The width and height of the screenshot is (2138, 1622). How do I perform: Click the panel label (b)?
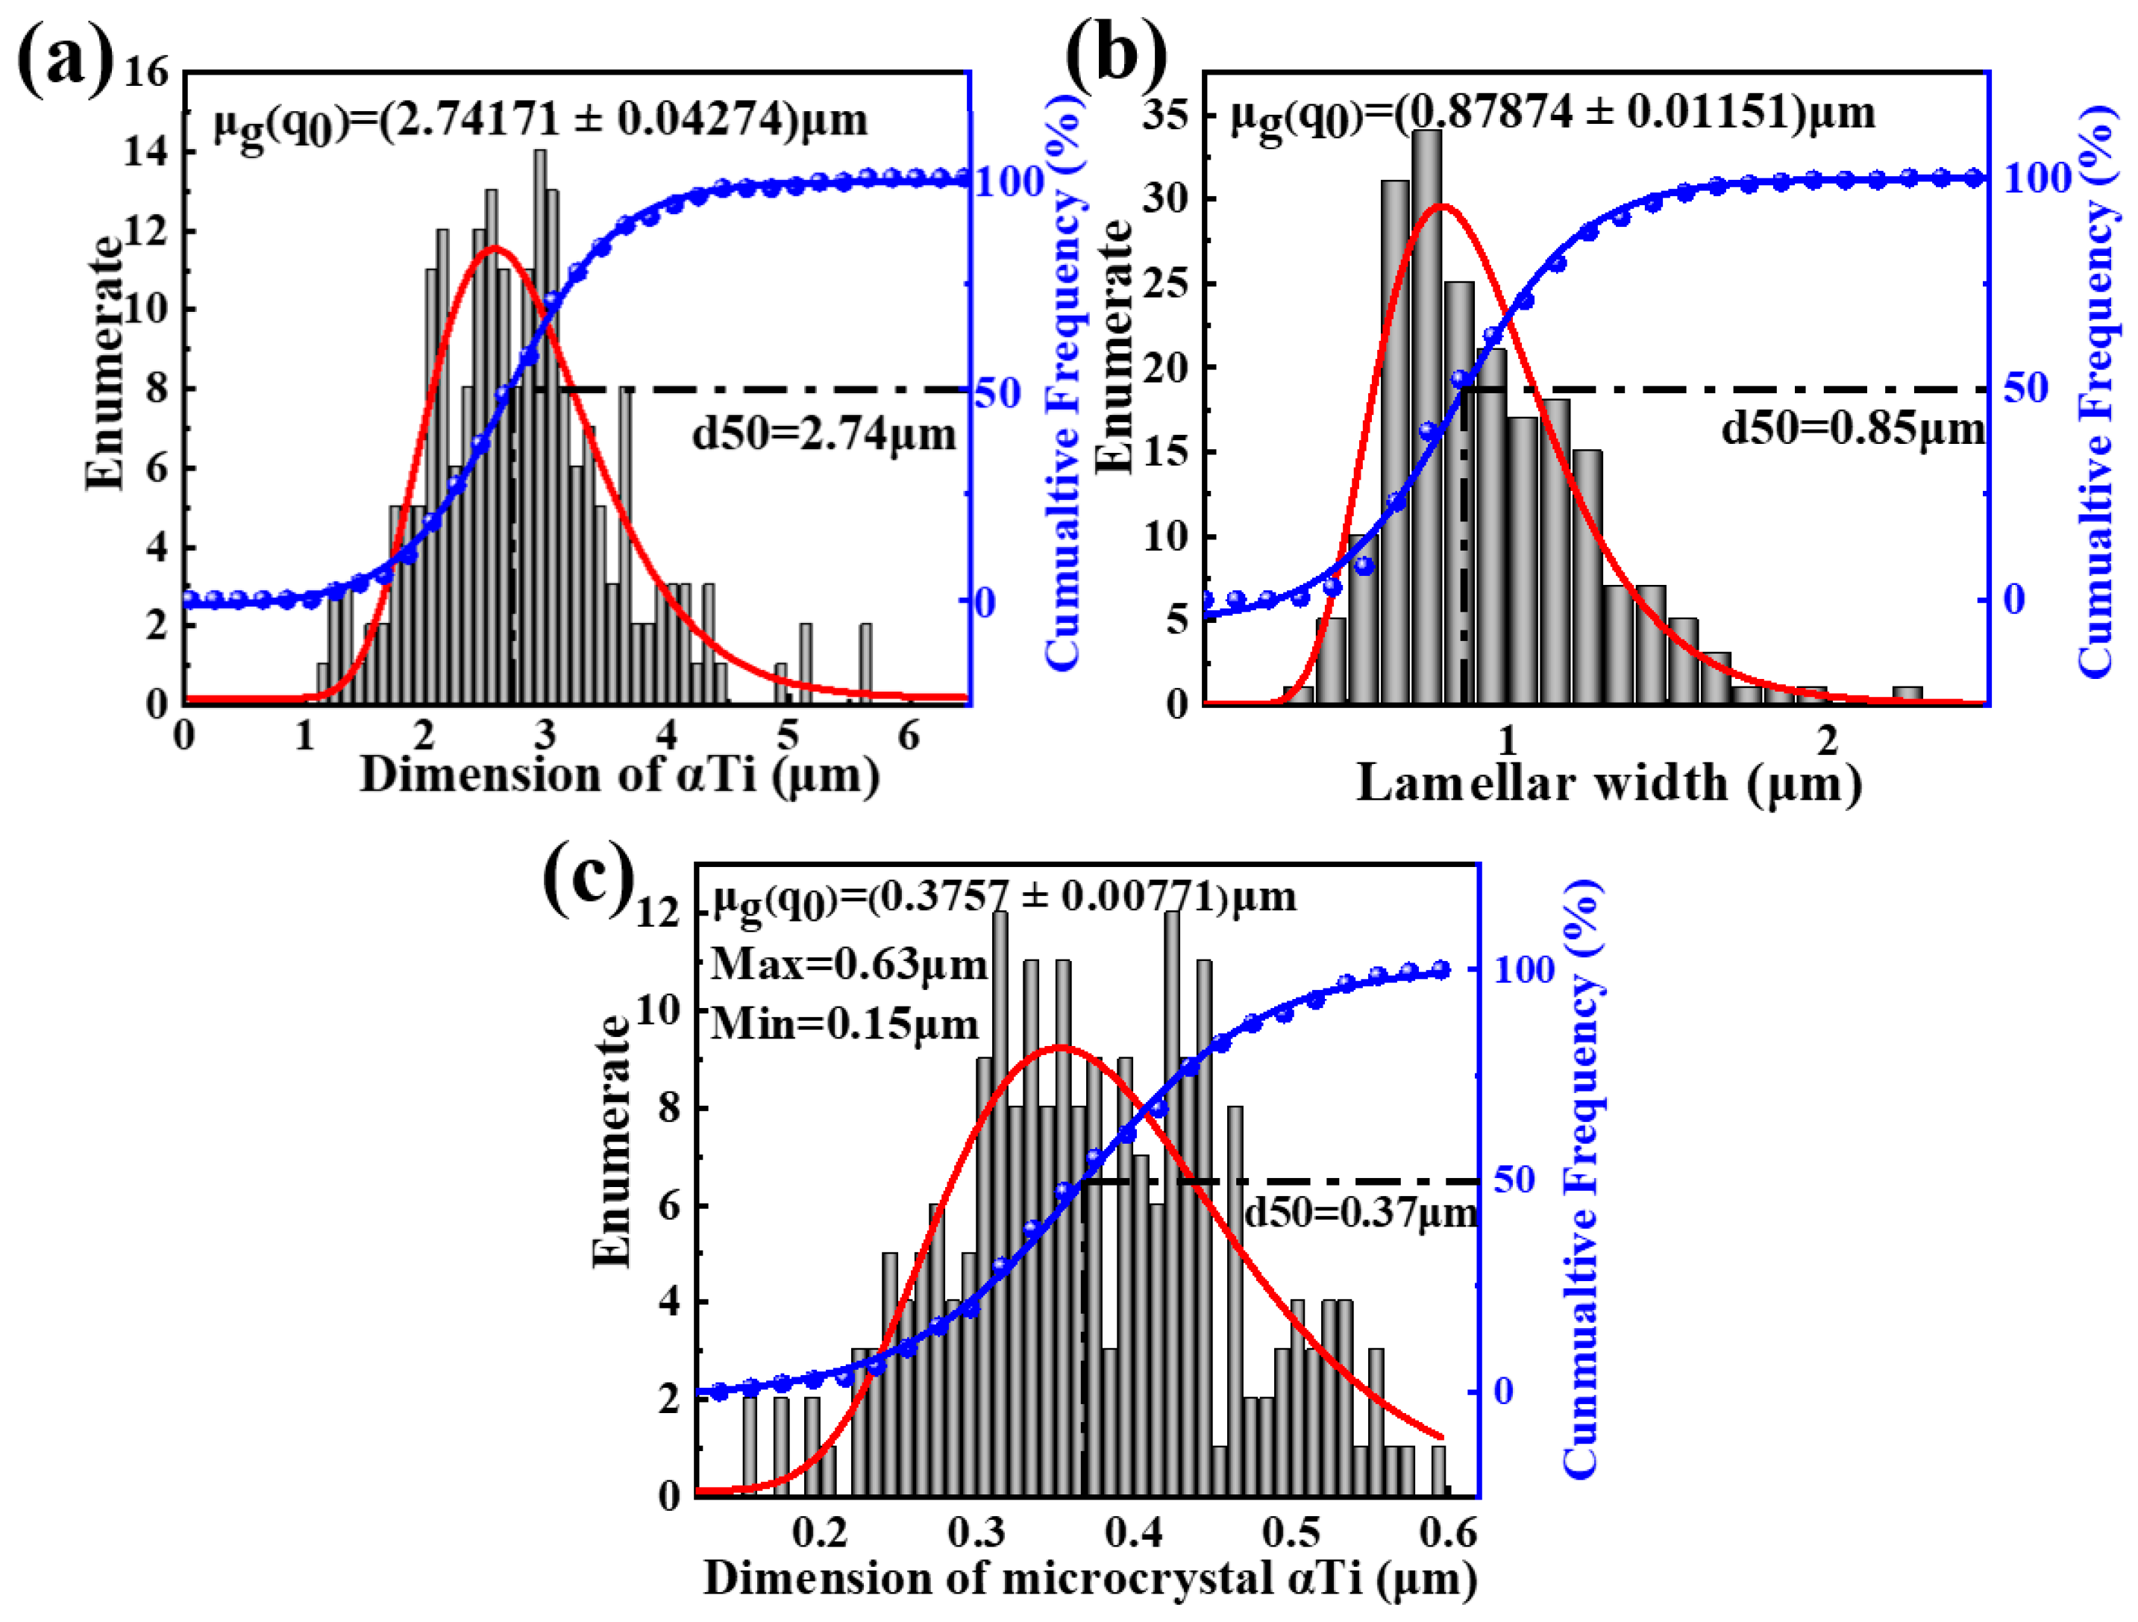(1115, 53)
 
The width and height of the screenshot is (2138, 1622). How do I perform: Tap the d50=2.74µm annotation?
(824, 434)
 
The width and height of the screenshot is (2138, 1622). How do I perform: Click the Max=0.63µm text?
(849, 964)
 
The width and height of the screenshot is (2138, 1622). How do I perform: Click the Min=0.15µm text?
(844, 1023)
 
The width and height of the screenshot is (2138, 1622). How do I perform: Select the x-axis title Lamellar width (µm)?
(1608, 783)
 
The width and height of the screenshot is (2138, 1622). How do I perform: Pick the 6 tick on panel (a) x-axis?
(909, 736)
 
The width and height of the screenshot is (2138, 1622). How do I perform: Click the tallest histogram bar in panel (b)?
(1426, 416)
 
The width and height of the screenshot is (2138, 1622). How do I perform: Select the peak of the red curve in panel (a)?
(495, 248)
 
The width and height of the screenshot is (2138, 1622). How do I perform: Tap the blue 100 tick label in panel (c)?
(1524, 969)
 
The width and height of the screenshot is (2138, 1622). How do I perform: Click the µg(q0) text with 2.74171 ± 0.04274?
(540, 121)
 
